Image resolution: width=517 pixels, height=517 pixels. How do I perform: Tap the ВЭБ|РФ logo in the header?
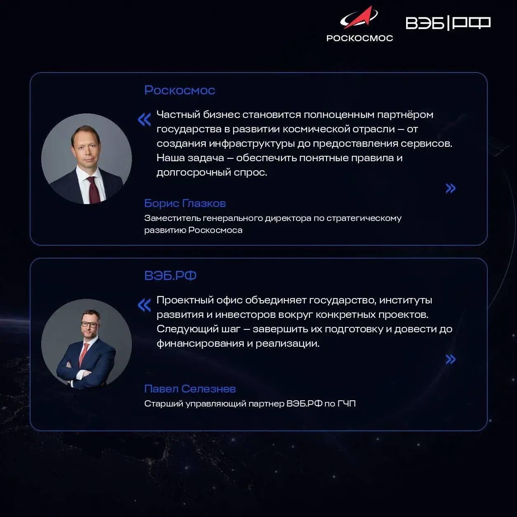[448, 23]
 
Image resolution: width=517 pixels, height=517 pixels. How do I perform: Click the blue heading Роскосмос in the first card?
[179, 90]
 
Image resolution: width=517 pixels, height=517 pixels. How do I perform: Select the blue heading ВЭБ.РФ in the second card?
[170, 275]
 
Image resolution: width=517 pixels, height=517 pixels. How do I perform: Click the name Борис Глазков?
[185, 203]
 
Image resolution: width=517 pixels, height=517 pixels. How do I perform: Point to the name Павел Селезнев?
[190, 389]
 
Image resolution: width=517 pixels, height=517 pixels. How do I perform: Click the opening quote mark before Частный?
[144, 120]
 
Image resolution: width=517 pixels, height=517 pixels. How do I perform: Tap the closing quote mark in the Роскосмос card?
[451, 188]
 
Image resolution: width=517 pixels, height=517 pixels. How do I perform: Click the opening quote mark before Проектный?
[144, 305]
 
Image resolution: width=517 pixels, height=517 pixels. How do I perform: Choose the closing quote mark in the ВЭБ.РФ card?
[451, 359]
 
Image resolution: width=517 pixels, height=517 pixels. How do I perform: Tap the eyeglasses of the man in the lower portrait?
[89, 324]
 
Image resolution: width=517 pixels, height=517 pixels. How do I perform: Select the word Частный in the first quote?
[178, 115]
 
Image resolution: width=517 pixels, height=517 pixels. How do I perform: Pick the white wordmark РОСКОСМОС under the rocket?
[360, 38]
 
